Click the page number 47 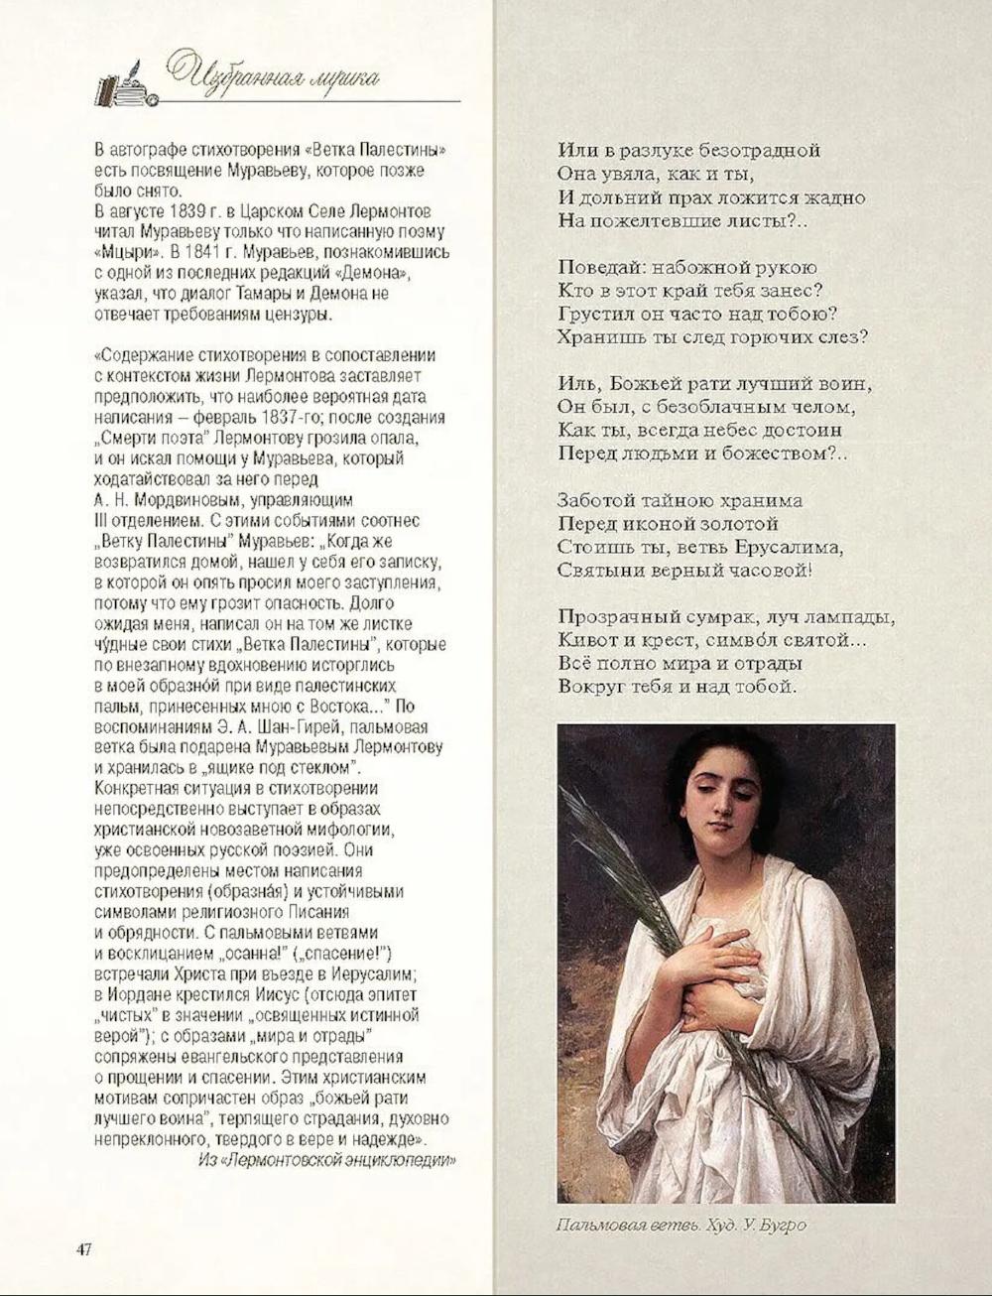(x=84, y=1248)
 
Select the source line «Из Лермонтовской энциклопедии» (x=327, y=1160)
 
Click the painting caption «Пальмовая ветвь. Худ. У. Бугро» (x=682, y=1225)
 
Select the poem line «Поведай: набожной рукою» (x=687, y=267)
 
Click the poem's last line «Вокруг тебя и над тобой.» (x=678, y=686)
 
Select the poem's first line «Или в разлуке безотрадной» (x=689, y=151)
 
